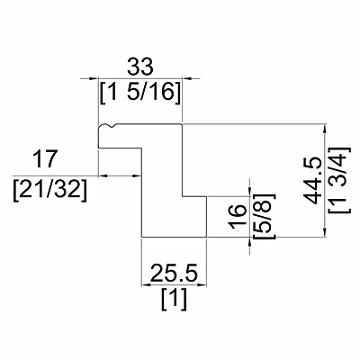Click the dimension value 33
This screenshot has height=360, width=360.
point(140,67)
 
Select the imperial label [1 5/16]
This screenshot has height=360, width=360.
point(140,92)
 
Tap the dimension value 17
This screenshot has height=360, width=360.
point(45,159)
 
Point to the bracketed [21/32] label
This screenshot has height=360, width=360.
point(50,190)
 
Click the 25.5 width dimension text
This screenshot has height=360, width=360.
point(175,274)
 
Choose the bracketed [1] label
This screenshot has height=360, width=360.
point(175,299)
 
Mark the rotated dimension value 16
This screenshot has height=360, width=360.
point(237,217)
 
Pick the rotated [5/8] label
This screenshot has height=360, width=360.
point(264,216)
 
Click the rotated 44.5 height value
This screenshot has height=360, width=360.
point(310,181)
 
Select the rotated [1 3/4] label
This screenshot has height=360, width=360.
point(339,181)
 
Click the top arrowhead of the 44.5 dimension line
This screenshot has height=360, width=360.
point(324,130)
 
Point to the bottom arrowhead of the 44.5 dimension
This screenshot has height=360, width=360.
point(324,231)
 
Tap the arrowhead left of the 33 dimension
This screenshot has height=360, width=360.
point(93,78)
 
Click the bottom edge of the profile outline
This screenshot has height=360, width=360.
point(174,237)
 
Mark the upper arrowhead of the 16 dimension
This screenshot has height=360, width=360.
point(250,191)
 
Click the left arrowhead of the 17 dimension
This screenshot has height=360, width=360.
point(103,175)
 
